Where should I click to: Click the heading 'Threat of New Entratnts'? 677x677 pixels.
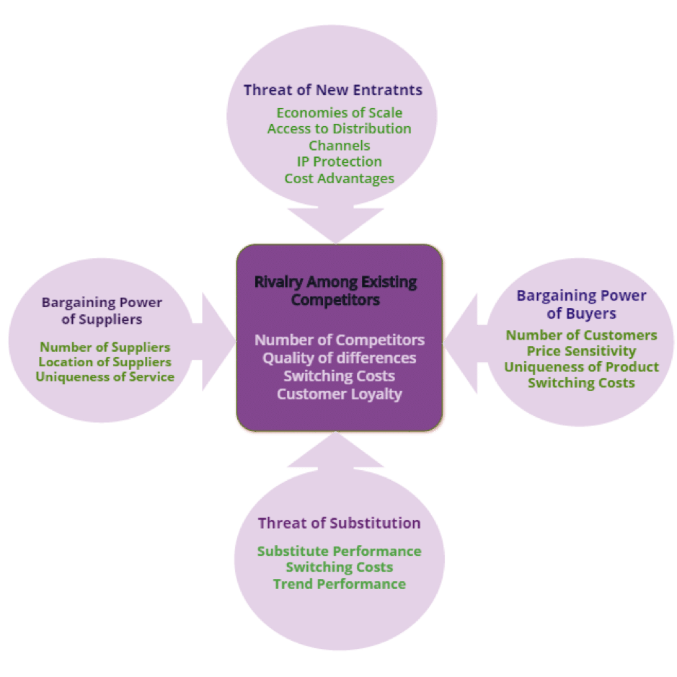coord(332,90)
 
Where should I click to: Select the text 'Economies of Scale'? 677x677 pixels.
coord(339,112)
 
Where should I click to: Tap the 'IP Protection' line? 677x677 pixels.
coord(339,161)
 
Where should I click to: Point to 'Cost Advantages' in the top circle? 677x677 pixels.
coord(339,178)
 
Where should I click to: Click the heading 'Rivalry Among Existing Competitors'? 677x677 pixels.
coord(335,290)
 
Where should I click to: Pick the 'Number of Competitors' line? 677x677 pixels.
coord(339,340)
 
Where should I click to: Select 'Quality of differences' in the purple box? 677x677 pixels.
coord(339,358)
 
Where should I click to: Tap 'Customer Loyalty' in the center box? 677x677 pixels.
coord(339,394)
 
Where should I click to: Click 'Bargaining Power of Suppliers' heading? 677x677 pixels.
coord(102,311)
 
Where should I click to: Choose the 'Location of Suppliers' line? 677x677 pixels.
coord(105,362)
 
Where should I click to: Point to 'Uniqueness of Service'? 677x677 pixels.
coord(105,377)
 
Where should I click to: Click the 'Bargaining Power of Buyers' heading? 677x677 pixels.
coord(581,304)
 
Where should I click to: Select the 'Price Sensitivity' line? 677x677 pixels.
coord(581,351)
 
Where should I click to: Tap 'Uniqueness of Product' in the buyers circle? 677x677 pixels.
coord(581,367)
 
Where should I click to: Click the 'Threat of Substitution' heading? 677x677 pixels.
coord(339,523)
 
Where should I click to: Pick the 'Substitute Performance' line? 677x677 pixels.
coord(339,551)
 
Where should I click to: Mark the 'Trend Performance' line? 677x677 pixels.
coord(339,584)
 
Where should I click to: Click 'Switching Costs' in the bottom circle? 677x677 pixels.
coord(339,567)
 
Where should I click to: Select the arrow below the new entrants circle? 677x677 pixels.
coord(335,223)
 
